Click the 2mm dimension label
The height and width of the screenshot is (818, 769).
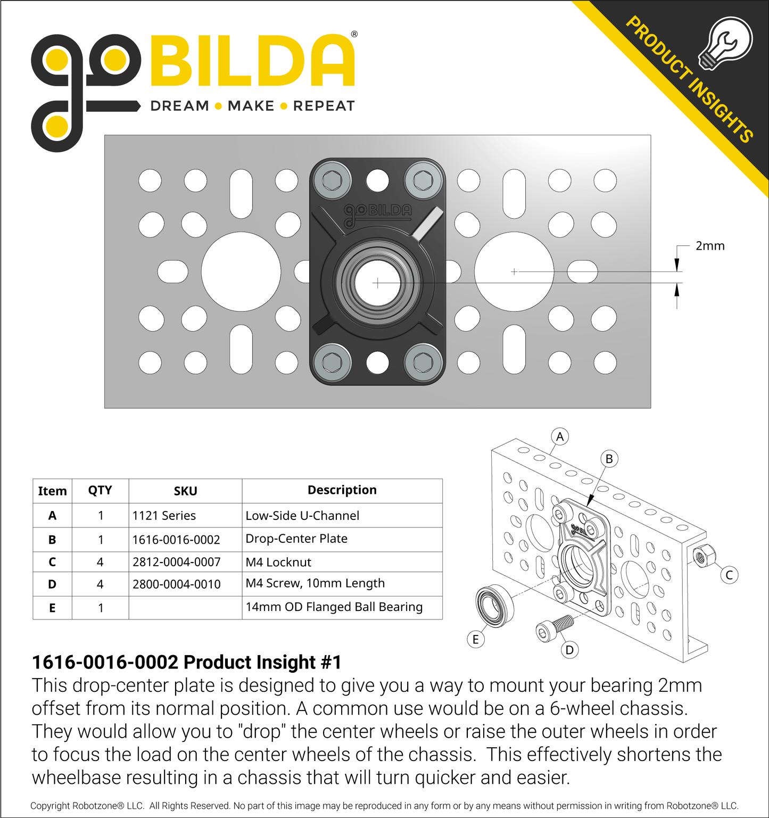(x=710, y=246)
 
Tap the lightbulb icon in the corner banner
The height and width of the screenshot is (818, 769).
(x=725, y=43)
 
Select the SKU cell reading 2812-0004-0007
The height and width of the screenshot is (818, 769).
(x=176, y=562)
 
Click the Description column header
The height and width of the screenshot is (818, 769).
(x=342, y=490)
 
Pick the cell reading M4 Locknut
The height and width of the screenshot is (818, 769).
(x=278, y=562)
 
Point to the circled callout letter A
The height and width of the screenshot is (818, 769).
(x=560, y=437)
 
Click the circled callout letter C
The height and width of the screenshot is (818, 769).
(x=729, y=575)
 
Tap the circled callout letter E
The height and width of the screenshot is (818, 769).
(x=476, y=640)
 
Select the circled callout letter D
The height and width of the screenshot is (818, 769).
(x=569, y=650)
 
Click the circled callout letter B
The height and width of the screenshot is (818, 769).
(x=609, y=459)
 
